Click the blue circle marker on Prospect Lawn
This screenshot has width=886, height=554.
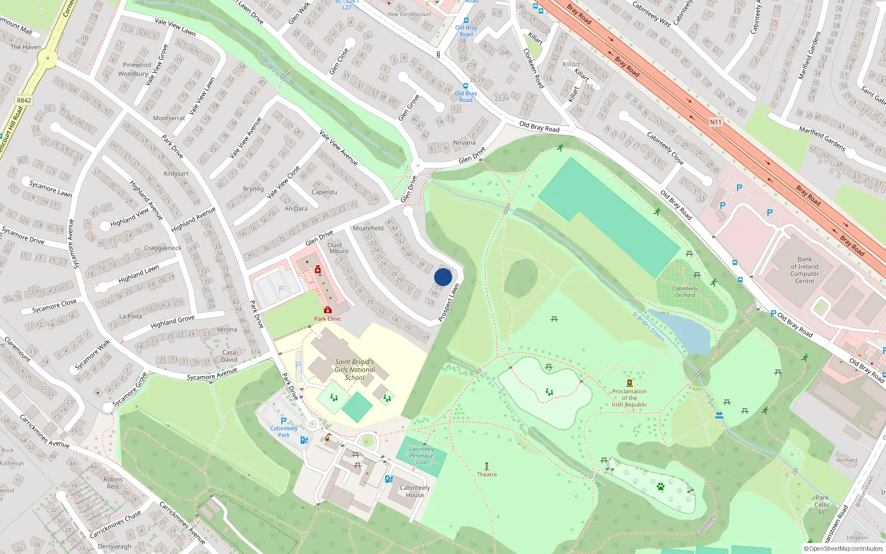point(443,277)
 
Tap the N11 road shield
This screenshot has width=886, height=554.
point(715,122)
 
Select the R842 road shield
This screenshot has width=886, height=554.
point(24,100)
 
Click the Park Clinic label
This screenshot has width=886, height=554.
point(328,319)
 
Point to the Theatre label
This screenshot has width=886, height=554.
point(487,474)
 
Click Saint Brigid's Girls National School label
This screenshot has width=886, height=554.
point(354,370)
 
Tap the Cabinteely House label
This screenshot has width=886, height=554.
point(415,491)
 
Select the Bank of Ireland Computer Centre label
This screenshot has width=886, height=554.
point(805,270)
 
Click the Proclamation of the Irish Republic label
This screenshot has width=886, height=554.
point(629,398)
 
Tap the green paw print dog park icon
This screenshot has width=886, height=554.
point(660,486)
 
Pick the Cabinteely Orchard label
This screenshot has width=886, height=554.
point(685,291)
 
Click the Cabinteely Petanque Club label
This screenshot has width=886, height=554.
point(421,456)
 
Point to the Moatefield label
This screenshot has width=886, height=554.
point(368,228)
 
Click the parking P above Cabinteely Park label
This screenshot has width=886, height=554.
point(284,420)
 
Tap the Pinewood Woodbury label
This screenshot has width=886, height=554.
point(135,69)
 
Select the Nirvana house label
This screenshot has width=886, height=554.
point(464,142)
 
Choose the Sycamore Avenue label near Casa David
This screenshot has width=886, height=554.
point(212,374)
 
